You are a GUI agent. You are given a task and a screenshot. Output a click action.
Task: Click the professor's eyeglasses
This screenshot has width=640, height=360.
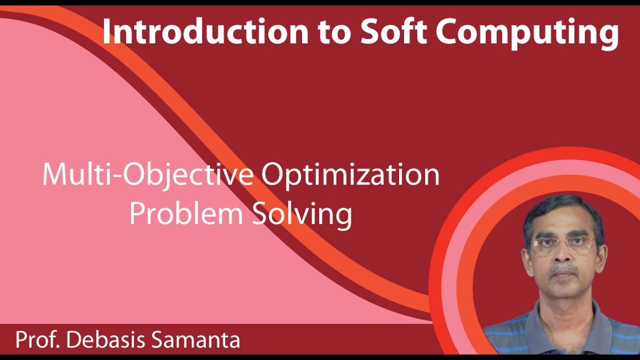[x=563, y=245]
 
